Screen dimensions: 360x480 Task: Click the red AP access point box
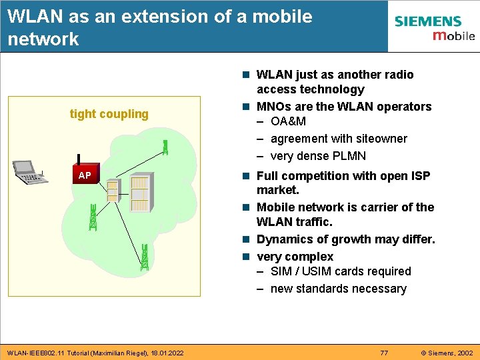tap(85, 175)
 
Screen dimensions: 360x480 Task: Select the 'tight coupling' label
tap(109, 114)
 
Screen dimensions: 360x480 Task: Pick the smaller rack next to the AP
tap(112, 190)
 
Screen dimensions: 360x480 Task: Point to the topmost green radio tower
tap(165, 147)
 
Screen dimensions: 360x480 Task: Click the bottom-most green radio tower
tap(145, 257)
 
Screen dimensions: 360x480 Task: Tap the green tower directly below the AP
tap(93, 217)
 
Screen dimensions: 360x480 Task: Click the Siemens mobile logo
tap(434, 28)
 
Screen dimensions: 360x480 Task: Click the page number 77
tap(384, 352)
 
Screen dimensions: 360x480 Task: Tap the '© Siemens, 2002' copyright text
tap(446, 352)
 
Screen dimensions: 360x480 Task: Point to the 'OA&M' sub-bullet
tap(289, 121)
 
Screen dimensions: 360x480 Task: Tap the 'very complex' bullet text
tap(295, 257)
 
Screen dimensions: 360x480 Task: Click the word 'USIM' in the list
tap(318, 271)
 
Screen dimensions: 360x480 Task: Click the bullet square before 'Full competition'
tap(247, 176)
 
